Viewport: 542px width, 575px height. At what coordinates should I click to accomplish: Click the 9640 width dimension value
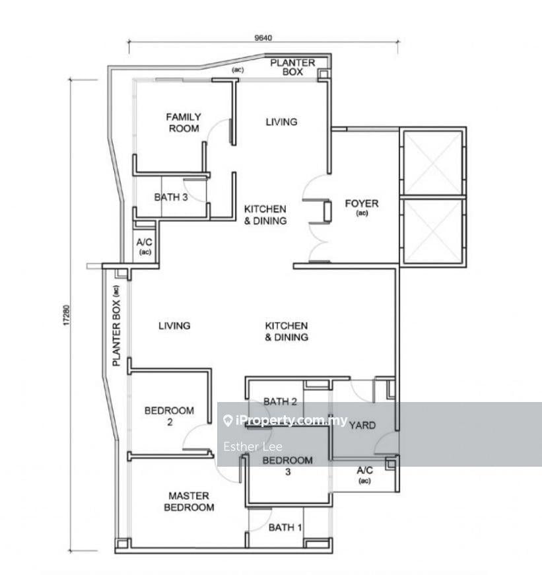tap(263, 38)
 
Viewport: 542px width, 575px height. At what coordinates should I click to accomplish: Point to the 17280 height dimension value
tap(66, 315)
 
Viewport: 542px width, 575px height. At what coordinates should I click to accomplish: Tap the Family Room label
tap(184, 123)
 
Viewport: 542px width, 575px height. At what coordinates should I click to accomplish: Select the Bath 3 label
tap(171, 197)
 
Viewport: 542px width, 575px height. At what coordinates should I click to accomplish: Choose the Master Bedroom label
tap(189, 501)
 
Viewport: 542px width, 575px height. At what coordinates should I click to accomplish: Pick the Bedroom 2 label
tap(169, 416)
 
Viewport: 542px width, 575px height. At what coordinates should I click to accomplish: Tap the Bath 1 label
tap(285, 527)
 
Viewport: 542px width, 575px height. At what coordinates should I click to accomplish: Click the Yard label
tap(362, 425)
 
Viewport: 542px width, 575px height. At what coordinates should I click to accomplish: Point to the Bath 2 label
tap(280, 401)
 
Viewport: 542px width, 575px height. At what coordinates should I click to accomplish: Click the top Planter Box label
tap(292, 67)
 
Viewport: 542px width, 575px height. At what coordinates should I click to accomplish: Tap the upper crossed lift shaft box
tap(433, 162)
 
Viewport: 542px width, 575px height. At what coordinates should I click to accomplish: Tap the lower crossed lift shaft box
tap(433, 231)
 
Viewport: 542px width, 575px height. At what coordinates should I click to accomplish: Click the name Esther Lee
tap(253, 446)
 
